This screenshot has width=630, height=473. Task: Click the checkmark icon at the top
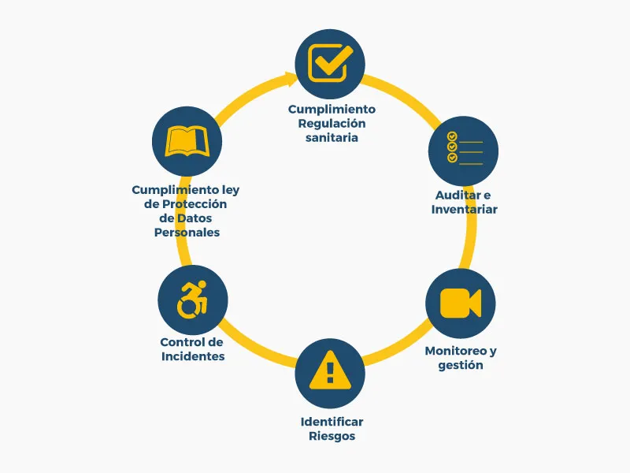[330, 62]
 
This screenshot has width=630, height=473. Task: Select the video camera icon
[460, 304]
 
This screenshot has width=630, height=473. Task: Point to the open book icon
[187, 142]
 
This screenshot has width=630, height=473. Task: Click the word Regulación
[332, 123]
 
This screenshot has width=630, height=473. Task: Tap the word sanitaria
[332, 137]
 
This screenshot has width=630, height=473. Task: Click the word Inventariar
[465, 209]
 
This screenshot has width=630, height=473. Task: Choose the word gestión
[461, 365]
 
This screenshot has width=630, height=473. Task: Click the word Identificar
[332, 422]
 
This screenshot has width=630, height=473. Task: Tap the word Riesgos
[332, 436]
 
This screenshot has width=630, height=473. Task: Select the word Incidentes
[193, 356]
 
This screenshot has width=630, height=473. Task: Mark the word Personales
[187, 233]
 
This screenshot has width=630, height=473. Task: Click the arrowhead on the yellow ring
[291, 77]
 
